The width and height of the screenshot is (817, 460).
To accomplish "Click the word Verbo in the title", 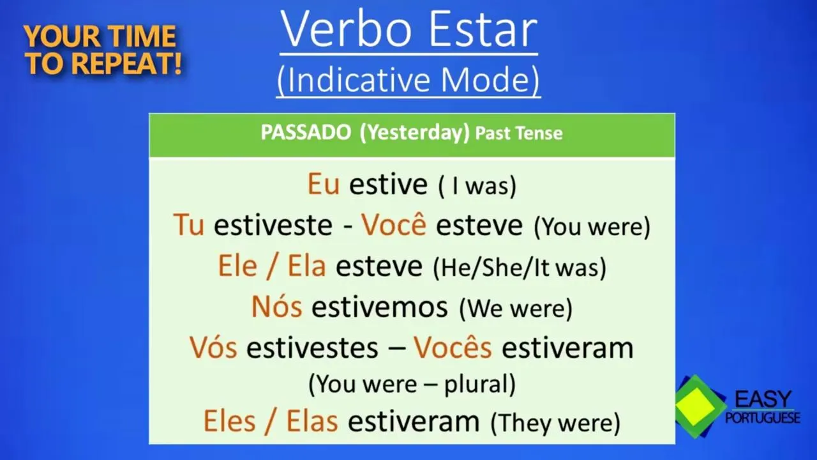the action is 346,29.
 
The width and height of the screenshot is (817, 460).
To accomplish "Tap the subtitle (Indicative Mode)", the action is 408,80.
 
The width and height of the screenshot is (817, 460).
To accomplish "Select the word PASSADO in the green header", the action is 306,132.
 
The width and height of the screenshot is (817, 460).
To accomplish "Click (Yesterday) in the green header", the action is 415,133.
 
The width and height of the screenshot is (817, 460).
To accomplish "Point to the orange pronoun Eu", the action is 324,184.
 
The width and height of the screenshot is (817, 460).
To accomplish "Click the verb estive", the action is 388,184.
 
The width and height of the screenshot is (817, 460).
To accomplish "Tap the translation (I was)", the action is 477,186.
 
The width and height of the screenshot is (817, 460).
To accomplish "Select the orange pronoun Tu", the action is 188,224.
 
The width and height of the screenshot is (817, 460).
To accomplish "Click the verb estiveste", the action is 273,225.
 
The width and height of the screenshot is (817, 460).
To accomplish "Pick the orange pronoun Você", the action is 394,224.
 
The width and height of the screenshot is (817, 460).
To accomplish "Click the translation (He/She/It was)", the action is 520,268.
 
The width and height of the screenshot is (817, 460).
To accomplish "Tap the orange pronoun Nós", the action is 277,306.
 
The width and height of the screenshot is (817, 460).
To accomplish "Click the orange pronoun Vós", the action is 213,347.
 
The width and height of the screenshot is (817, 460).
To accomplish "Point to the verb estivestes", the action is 312,348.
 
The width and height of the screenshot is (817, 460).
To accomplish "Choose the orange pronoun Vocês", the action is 453,346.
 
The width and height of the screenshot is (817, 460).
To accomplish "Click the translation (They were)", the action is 555,423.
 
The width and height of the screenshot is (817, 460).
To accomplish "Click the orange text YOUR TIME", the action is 100,36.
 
